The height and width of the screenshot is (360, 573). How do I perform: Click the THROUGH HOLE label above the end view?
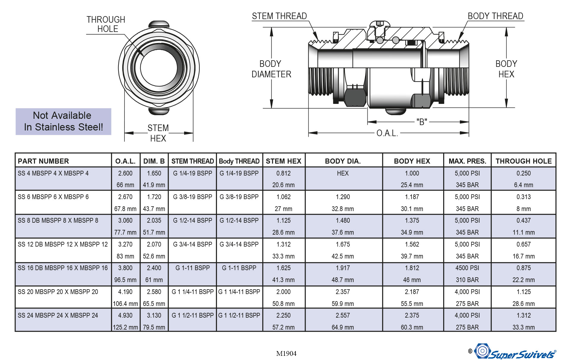pos(106,24)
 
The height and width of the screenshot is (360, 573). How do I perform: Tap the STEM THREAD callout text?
pos(279,16)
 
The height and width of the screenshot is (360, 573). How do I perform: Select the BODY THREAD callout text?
pos(495,16)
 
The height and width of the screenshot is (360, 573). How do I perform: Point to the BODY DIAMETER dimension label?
pos(271,69)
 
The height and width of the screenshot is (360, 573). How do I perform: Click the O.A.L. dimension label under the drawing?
pos(387,133)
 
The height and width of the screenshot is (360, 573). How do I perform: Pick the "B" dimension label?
pos(422,122)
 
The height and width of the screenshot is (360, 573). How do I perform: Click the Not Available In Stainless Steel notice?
pos(63,121)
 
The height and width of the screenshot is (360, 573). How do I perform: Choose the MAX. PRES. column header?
pos(467,161)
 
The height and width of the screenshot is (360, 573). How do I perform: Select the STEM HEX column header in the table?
pos(284,161)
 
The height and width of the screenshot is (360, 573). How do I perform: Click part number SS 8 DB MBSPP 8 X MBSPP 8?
pos(58,221)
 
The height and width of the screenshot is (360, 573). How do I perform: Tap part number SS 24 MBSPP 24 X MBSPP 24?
pos(58,316)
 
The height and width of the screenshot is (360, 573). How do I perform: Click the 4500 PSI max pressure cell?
pos(467,268)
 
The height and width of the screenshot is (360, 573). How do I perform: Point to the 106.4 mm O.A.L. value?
pos(125,304)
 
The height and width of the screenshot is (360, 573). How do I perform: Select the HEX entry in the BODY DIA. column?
pos(343,173)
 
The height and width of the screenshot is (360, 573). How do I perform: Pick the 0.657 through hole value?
pos(523,244)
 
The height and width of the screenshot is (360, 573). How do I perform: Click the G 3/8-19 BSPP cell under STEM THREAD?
pos(192,197)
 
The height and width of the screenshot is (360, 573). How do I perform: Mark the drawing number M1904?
pos(286,353)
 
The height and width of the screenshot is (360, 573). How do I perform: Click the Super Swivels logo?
pos(515,352)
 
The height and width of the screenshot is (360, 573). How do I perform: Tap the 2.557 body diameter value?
pos(343,316)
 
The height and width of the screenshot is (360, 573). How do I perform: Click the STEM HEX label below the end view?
pos(158,133)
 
